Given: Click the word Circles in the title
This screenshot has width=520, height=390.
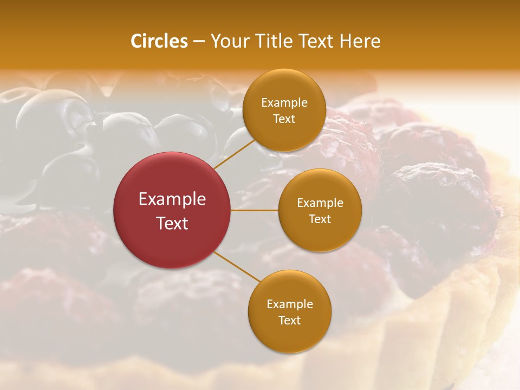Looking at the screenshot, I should [x=159, y=41].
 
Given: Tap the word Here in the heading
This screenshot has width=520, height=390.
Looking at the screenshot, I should [x=360, y=41].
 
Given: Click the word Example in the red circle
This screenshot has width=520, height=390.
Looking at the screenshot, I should [x=172, y=199].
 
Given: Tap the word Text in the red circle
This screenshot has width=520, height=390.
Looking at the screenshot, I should [x=172, y=223].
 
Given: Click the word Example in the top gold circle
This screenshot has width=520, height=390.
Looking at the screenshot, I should [x=284, y=103].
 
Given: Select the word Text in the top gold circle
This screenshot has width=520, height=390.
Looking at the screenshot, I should [x=284, y=119].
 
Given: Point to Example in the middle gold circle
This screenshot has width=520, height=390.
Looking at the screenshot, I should [x=320, y=203].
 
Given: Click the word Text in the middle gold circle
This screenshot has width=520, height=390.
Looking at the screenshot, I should [x=320, y=219].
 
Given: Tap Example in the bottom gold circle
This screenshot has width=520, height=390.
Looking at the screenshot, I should [x=289, y=304].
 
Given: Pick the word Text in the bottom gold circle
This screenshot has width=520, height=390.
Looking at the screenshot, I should [x=289, y=320].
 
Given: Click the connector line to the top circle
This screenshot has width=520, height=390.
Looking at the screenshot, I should [x=234, y=154].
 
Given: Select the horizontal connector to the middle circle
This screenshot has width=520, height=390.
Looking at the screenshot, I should [x=255, y=210].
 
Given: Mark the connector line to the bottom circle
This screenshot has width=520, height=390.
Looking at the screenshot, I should [x=237, y=266].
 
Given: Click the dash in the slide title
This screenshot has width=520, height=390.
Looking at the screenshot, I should [x=199, y=42].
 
